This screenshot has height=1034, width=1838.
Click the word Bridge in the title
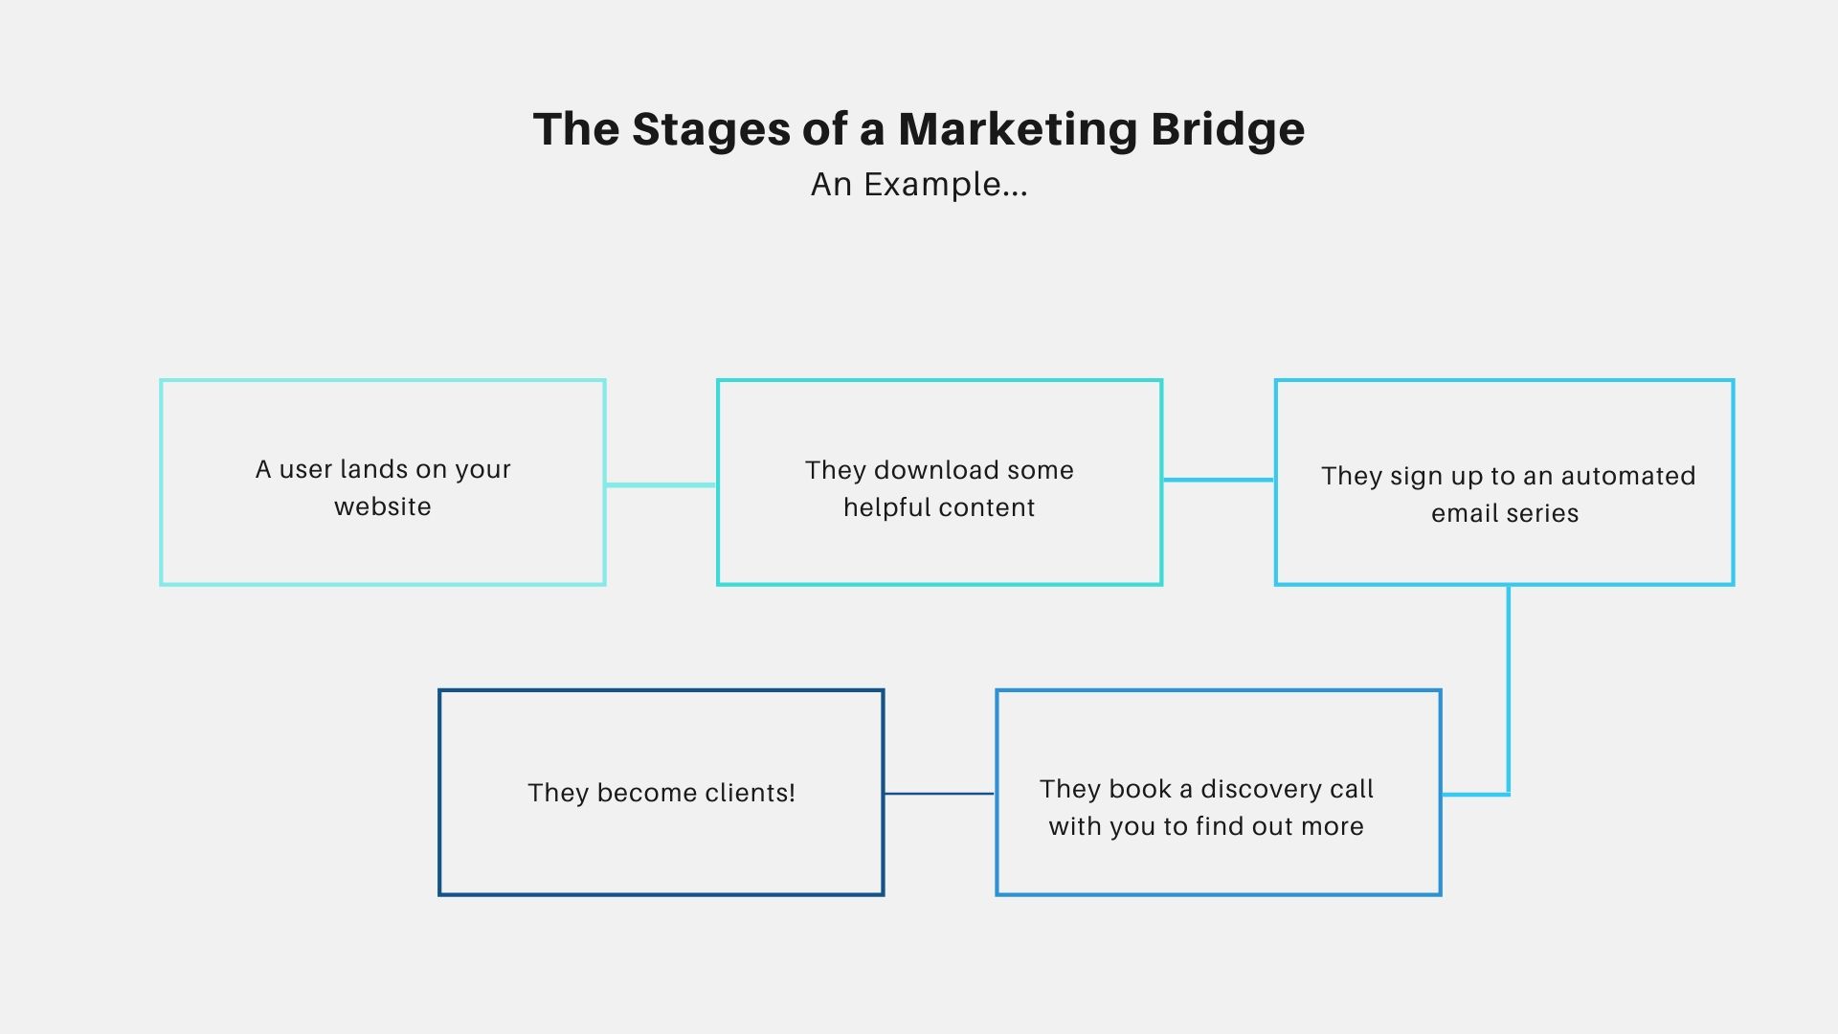pyautogui.click(x=1228, y=130)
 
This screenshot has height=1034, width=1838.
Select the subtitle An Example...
pyautogui.click(x=919, y=184)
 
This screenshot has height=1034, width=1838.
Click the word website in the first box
pyautogui.click(x=383, y=506)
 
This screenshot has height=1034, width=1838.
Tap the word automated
pyautogui.click(x=1628, y=476)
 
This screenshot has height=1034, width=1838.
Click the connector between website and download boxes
pyautogui.click(x=661, y=485)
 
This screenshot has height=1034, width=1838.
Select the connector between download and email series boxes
pyautogui.click(x=1219, y=480)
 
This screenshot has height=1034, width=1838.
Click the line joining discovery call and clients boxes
pyautogui.click(x=939, y=794)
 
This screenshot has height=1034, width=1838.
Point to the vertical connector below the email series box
pyautogui.click(x=1509, y=689)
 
